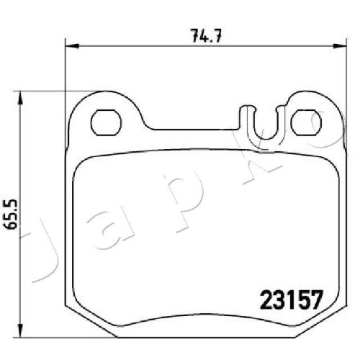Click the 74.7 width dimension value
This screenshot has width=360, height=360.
(x=206, y=36)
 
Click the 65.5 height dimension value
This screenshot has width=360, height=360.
(x=12, y=214)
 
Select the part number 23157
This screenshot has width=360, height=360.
(x=291, y=300)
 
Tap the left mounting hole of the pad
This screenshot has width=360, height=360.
(x=106, y=122)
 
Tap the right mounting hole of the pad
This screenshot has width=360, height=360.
(x=306, y=122)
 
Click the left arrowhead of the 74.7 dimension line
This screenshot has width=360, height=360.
(x=72, y=45)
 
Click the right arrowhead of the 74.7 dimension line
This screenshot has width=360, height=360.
(x=339, y=45)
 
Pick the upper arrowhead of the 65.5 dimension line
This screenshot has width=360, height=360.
(x=21, y=98)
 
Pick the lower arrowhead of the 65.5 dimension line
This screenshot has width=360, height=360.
(x=21, y=330)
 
